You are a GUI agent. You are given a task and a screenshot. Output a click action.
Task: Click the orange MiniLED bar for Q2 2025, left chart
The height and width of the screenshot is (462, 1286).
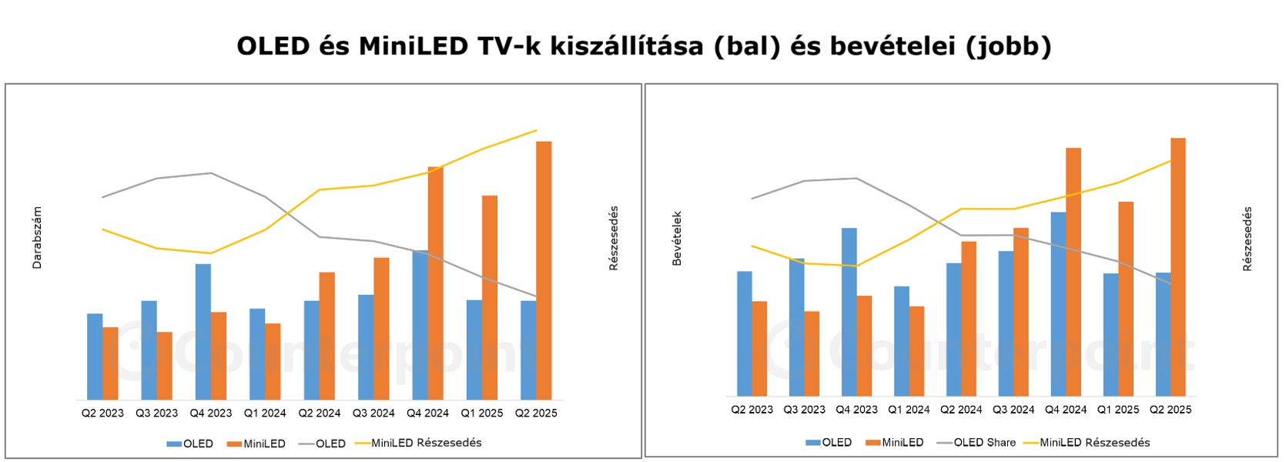544,269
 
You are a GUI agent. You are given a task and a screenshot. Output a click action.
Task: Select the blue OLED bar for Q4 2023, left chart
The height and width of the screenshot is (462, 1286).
203,331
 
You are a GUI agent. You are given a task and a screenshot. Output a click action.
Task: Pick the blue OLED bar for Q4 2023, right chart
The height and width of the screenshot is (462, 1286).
849,312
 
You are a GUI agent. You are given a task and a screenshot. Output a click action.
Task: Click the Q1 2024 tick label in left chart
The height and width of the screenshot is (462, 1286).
265,413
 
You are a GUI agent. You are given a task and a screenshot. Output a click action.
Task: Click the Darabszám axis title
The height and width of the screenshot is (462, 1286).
37,237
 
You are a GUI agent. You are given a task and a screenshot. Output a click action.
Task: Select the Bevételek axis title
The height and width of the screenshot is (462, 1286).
678,239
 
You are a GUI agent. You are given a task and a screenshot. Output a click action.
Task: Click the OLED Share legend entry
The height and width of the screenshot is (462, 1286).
976,443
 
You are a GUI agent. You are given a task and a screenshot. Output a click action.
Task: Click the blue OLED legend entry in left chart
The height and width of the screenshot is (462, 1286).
190,444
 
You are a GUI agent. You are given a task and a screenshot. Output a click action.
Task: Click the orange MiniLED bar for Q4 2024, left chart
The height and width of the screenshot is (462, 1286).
435,283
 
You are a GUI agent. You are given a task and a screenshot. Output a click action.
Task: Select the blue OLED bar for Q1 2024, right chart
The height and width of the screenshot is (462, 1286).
901,341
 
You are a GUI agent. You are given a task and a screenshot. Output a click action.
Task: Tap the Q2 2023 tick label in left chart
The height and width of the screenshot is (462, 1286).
102,413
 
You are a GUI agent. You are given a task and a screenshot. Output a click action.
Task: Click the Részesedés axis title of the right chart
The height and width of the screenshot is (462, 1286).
1247,239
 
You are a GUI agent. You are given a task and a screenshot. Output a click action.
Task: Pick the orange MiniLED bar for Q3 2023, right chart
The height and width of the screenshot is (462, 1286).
812,353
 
